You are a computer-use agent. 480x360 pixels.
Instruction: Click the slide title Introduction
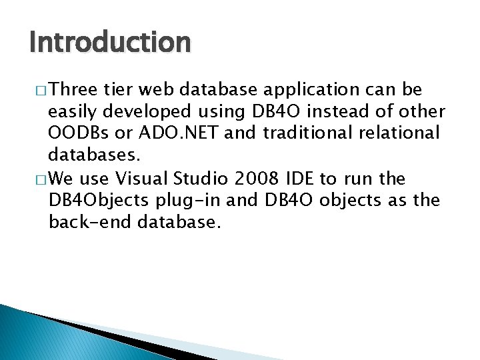pos(110,43)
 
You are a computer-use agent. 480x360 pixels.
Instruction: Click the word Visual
pos(141,178)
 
